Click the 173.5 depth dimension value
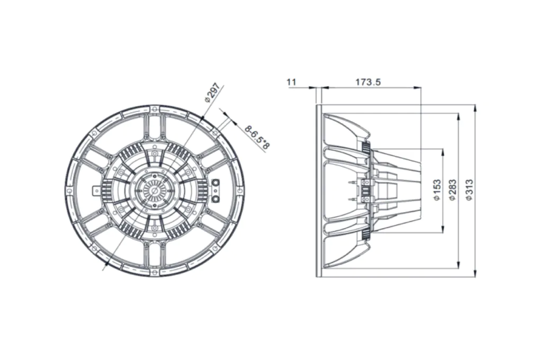[368, 82]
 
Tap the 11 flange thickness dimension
[291, 82]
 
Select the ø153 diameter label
[437, 190]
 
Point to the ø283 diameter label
[453, 190]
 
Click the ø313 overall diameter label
[469, 190]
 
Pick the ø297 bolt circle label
[211, 92]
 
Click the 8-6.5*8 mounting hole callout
[257, 138]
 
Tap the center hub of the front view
[155, 191]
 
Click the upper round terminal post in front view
[217, 182]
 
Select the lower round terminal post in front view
[217, 199]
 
